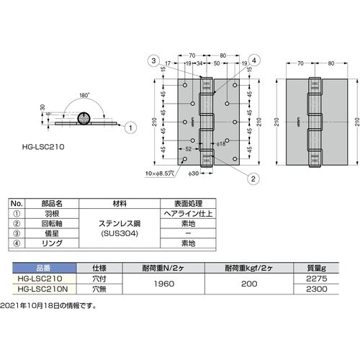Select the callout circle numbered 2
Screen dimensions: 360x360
tap(234, 178)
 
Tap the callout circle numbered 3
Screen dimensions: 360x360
tap(154, 59)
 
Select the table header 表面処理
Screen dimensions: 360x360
tap(181, 204)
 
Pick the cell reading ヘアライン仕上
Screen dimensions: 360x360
tap(182, 214)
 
